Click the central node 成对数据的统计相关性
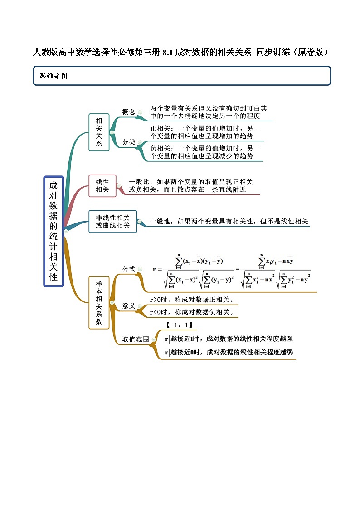pyautogui.click(x=54, y=231)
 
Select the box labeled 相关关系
pyautogui.click(x=99, y=132)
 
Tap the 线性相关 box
pyautogui.click(x=102, y=186)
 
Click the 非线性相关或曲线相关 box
pyautogui.click(x=113, y=221)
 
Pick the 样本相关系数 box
pyautogui.click(x=99, y=302)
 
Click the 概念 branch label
pyautogui.click(x=129, y=112)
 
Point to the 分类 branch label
pyautogui.click(x=129, y=142)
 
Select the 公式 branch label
pyautogui.click(x=129, y=269)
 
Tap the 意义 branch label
pyautogui.click(x=129, y=306)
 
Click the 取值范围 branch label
pyautogui.click(x=136, y=339)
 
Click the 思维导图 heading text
pyautogui.click(x=54, y=76)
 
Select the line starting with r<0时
pyautogui.click(x=191, y=312)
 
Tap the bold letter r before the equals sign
pyautogui.click(x=155, y=270)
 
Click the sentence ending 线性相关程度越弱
pyautogui.click(x=229, y=352)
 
